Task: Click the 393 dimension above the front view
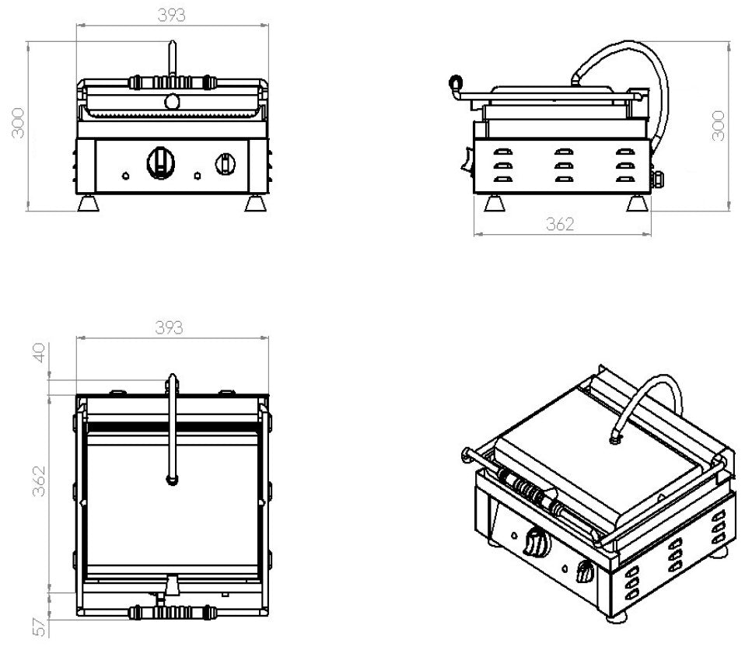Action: (x=172, y=16)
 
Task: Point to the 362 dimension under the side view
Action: (x=559, y=224)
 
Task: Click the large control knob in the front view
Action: (x=161, y=162)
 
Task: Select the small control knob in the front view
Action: (x=225, y=163)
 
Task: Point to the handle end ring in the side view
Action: (x=455, y=81)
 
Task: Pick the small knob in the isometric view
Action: (x=584, y=574)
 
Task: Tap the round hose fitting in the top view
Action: (x=172, y=482)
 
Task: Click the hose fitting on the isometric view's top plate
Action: (x=616, y=440)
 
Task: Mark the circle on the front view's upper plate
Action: (x=171, y=101)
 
